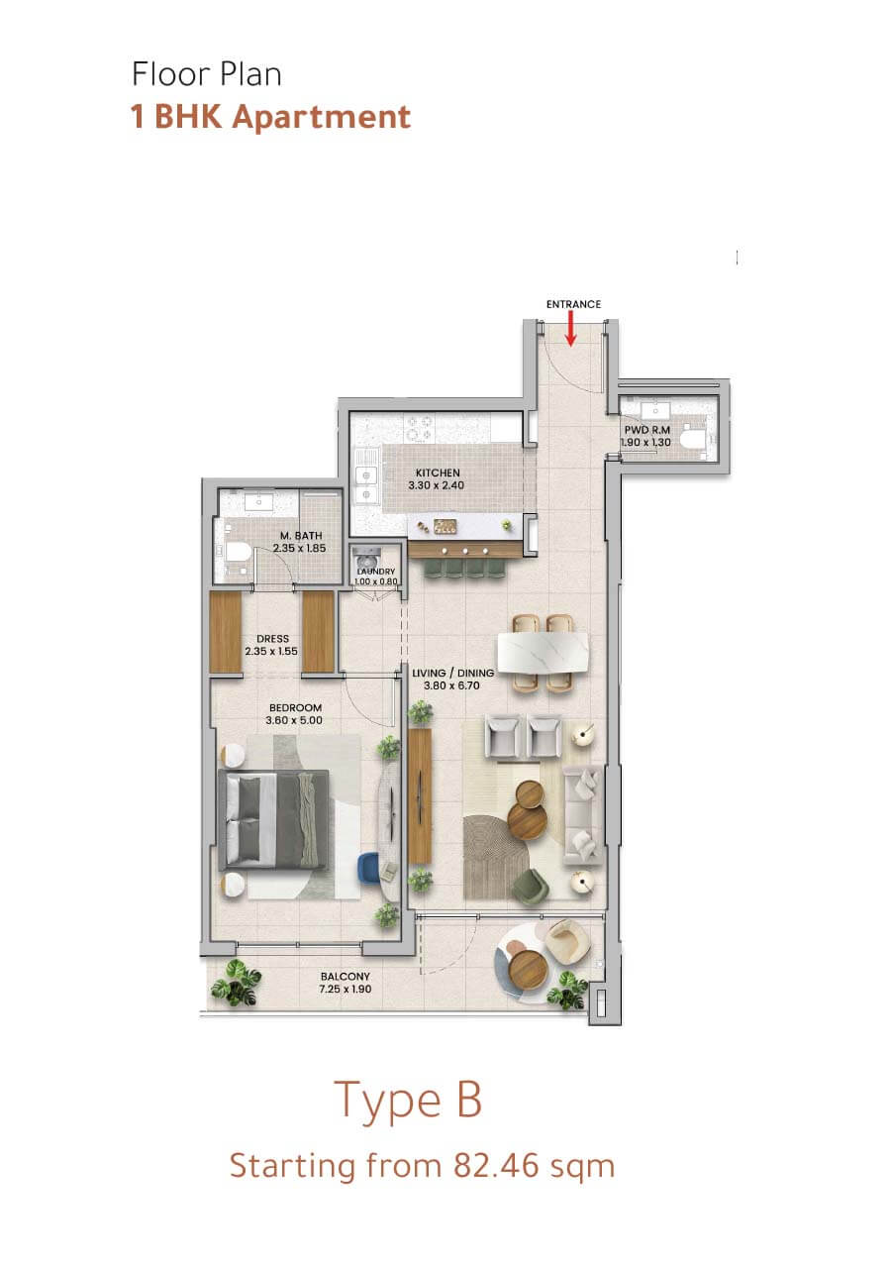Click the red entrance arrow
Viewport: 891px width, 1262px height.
[x=570, y=328]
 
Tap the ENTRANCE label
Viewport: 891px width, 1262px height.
[x=573, y=304]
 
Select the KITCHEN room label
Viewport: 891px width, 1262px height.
[x=438, y=473]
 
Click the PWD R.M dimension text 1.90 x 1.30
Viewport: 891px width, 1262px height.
[x=645, y=442]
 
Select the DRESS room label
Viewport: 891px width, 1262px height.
[x=272, y=639]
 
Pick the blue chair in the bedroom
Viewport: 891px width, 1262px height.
[x=369, y=868]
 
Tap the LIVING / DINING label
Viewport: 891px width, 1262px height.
[x=452, y=673]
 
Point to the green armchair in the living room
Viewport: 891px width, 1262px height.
[x=531, y=887]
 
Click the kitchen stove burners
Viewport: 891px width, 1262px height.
[x=420, y=428]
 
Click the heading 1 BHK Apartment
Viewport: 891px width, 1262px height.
[x=270, y=117]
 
